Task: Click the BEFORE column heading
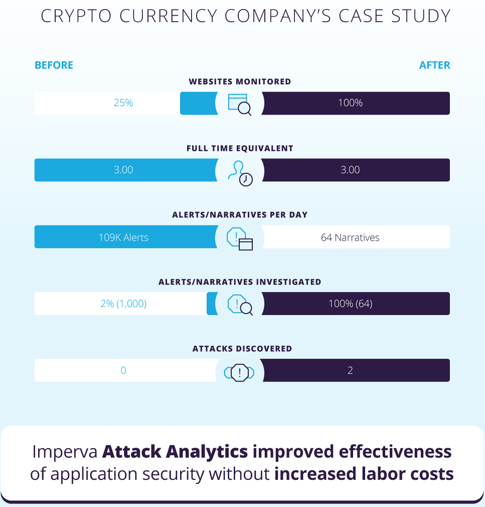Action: click(x=54, y=65)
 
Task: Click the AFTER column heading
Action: click(x=434, y=65)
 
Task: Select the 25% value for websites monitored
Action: click(x=123, y=103)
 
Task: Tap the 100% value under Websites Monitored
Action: click(x=350, y=103)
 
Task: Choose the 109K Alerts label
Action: click(x=123, y=237)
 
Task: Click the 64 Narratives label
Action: click(x=350, y=237)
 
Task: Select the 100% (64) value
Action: click(x=350, y=303)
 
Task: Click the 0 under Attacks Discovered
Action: click(x=123, y=370)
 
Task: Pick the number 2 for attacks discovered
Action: click(x=350, y=370)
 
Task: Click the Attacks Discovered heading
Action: click(x=242, y=349)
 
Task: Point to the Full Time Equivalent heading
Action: click(x=240, y=149)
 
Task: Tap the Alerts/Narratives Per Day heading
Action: click(x=240, y=215)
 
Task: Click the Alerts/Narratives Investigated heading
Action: click(x=240, y=282)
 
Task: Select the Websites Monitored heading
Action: click(x=240, y=81)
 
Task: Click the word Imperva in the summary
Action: click(x=65, y=452)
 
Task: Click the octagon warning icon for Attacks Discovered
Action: click(x=239, y=372)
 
